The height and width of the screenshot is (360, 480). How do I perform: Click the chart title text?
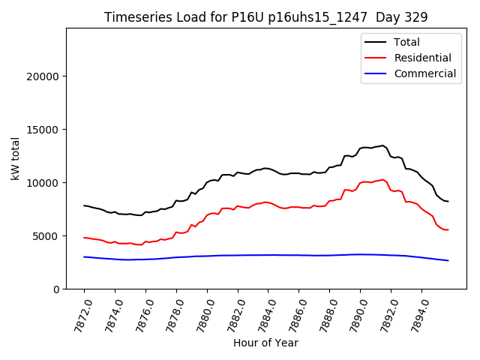click(x=265, y=17)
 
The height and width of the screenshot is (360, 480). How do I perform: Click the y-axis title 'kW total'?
click(x=15, y=158)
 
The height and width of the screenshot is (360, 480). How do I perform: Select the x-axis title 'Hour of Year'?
click(x=265, y=343)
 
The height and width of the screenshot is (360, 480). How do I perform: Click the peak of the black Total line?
click(x=382, y=145)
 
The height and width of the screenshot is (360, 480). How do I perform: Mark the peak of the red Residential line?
click(x=383, y=180)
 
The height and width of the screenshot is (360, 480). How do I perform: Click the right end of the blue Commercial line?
click(x=448, y=260)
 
